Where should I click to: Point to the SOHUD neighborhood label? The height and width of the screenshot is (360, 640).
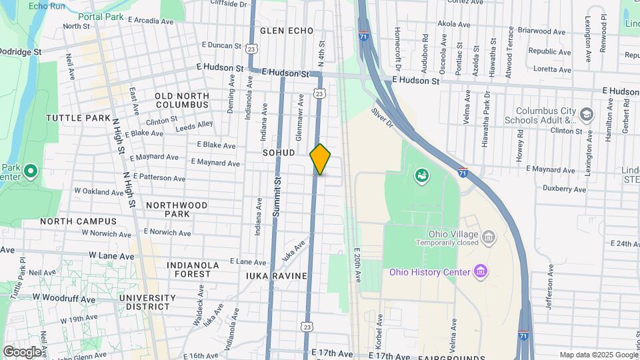coord(279,153)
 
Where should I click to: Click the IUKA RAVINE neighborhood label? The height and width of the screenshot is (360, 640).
coord(276,275)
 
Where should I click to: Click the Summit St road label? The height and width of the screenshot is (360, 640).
coord(277,197)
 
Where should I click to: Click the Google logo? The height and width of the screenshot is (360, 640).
coord(22,351)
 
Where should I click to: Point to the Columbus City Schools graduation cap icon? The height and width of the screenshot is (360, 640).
coord(586,113)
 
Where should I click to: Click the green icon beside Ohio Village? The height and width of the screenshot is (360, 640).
coord(421,175)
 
